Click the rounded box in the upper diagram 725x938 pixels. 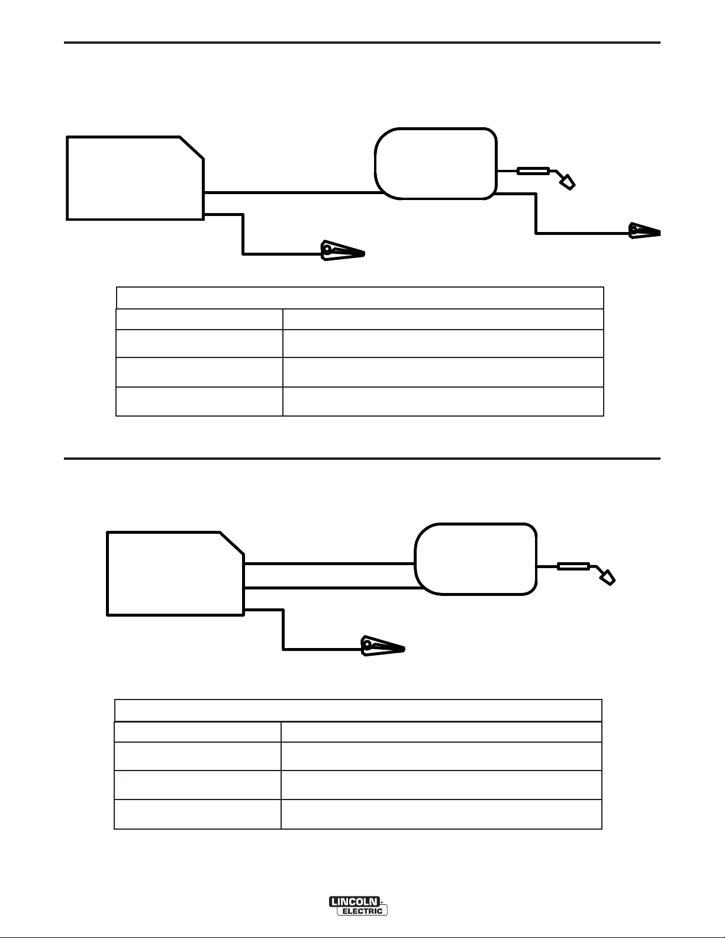click(436, 163)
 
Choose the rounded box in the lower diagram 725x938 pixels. click(476, 559)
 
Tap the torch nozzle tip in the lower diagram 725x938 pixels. click(608, 578)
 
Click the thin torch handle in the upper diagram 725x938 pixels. click(533, 171)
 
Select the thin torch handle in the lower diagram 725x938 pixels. click(573, 566)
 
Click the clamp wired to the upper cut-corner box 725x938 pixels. click(341, 251)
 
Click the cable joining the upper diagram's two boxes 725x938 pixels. click(290, 192)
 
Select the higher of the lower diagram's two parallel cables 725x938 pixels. click(329, 564)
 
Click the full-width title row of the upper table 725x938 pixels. click(359, 298)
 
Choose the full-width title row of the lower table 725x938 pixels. click(357, 710)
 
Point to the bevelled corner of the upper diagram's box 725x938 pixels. click(192, 147)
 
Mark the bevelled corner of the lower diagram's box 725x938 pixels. click(232, 543)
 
